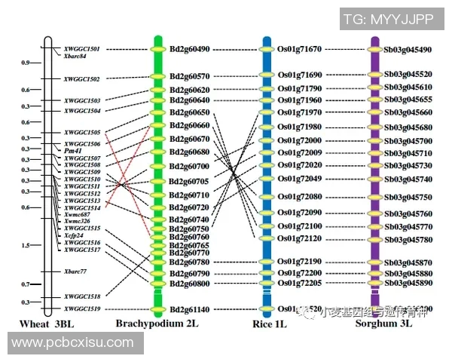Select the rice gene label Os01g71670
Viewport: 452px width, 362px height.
[299, 49]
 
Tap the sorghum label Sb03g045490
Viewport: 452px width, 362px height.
[408, 50]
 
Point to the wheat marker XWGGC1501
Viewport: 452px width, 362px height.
[82, 48]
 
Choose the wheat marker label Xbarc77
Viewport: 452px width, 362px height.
[75, 271]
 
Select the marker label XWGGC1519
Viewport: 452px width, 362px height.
[82, 308]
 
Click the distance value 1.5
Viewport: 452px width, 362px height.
[26, 245]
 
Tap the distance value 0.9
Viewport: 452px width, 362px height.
[26, 63]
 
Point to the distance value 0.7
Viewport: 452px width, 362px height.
[26, 284]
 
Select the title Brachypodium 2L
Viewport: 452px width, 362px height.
[157, 324]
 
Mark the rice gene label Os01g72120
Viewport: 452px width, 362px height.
[299, 238]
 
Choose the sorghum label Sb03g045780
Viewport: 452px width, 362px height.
[408, 239]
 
